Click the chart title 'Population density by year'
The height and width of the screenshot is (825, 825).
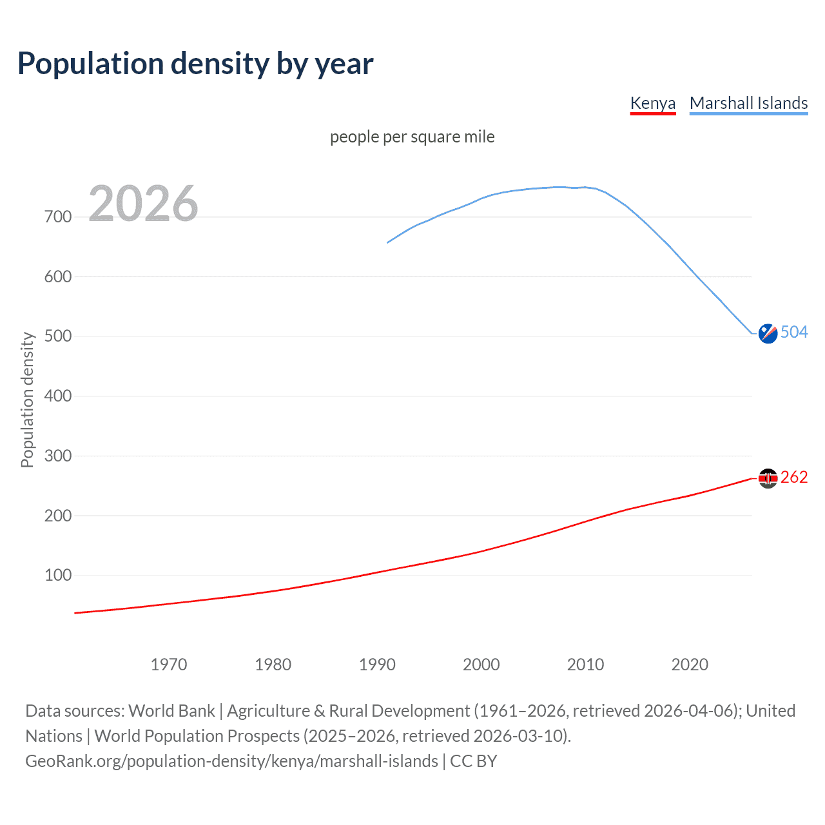[195, 63]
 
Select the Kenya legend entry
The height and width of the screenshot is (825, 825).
[652, 103]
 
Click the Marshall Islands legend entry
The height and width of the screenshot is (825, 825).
[748, 103]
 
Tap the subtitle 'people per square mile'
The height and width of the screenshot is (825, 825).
[412, 137]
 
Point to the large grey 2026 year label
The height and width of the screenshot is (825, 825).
[143, 204]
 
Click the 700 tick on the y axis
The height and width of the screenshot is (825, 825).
[58, 217]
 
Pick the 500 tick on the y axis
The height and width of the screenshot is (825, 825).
[58, 336]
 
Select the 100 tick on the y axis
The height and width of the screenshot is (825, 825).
[58, 576]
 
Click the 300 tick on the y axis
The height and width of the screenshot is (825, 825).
[58, 456]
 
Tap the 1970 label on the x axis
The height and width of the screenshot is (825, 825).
[169, 665]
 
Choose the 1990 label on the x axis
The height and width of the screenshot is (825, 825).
[377, 665]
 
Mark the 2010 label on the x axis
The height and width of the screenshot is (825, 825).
[585, 665]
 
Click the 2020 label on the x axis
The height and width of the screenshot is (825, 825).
[690, 665]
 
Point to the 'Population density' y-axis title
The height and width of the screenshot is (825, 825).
[27, 400]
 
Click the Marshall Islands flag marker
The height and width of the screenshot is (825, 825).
[768, 333]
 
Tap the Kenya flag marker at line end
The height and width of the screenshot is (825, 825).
[768, 478]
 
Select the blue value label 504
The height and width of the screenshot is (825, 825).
[794, 332]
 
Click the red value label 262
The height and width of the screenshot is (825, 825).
[794, 477]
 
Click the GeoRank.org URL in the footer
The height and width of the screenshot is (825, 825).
[231, 761]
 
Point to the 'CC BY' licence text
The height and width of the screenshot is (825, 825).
[474, 761]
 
